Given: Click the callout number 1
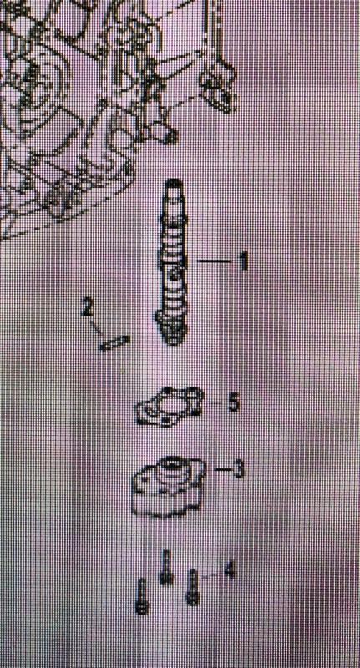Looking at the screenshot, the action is [x=243, y=261].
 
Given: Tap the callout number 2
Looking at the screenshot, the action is [x=87, y=307].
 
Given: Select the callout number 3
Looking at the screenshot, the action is [x=238, y=469].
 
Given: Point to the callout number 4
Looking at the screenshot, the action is [x=229, y=570].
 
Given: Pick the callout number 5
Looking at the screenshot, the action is [x=234, y=403].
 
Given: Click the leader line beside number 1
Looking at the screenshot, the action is [x=214, y=261].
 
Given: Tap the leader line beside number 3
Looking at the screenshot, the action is [x=224, y=470].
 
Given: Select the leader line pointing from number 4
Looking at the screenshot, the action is [x=211, y=575].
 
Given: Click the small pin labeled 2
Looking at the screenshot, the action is [x=114, y=343].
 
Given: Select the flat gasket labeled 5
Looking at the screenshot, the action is [x=169, y=407].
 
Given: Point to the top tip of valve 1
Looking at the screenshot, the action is [x=175, y=182].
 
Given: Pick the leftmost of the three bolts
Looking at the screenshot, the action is [x=142, y=596].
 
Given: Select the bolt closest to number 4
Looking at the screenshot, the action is [x=193, y=587].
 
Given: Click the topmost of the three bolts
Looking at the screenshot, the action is [x=167, y=567].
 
